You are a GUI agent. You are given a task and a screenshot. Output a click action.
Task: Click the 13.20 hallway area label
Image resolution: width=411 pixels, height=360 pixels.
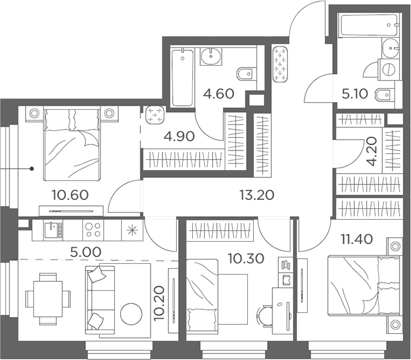[257, 195]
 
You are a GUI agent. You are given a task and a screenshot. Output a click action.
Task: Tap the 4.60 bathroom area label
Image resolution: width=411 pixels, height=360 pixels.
[219, 94]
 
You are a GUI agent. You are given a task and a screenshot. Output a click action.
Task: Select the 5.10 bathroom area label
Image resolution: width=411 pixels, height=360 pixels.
[355, 94]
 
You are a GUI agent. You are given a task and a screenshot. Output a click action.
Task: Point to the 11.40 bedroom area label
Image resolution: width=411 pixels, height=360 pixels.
[357, 239]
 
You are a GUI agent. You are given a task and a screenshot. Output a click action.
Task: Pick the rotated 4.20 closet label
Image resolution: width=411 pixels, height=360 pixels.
[372, 152]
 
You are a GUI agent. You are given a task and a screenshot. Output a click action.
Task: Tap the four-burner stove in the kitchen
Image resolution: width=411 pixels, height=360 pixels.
[93, 230]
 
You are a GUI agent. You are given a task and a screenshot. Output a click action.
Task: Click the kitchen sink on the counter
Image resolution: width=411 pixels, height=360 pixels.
[54, 230]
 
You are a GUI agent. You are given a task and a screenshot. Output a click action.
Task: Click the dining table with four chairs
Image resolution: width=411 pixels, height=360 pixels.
[48, 299]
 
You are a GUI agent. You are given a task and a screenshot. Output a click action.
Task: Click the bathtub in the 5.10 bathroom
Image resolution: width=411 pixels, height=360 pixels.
[368, 24]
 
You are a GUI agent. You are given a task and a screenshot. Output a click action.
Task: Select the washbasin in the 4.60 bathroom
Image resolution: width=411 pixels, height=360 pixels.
[211, 56]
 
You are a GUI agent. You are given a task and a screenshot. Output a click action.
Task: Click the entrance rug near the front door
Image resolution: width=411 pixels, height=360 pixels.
[280, 64]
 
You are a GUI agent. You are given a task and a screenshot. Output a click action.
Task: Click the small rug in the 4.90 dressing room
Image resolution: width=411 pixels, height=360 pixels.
[155, 115]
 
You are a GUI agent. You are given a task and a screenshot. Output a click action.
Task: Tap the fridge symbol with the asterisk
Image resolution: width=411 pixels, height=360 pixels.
[133, 230]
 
